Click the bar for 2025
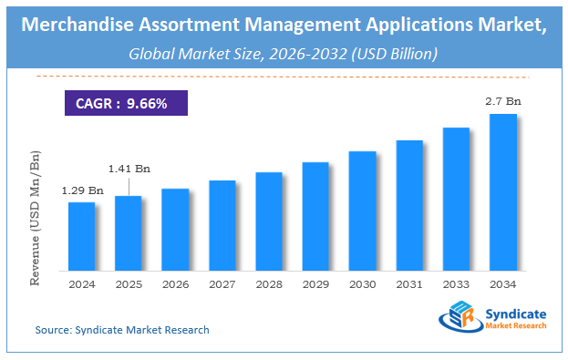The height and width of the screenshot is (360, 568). pos(129,232)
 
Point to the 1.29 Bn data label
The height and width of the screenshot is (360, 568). pos(81,190)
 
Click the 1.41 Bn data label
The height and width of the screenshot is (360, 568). pos(129,169)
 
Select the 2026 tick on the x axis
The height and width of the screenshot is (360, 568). pos(175,284)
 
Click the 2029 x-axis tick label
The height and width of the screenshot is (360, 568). pos(315,284)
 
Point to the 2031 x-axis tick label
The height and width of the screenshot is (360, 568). pos(409,284)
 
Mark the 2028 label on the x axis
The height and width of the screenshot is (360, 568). pos(269,284)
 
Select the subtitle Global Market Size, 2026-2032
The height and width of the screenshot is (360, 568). pos(284,54)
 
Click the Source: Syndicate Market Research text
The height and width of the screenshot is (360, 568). pos(122,330)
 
